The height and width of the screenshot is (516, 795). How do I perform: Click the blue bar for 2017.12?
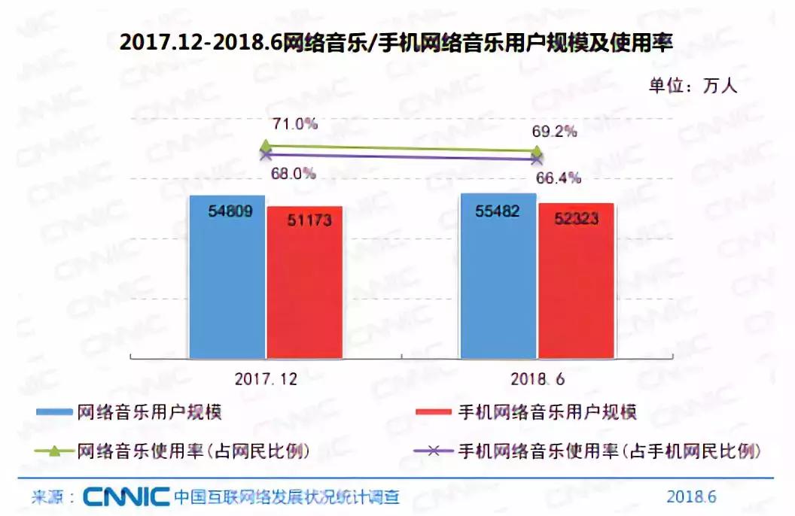click(x=227, y=278)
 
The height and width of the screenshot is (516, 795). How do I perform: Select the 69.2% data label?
click(x=554, y=132)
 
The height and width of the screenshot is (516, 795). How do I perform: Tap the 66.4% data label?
click(x=559, y=178)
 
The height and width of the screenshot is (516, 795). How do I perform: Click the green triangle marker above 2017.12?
click(x=265, y=146)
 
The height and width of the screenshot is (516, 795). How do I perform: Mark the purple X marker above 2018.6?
click(x=536, y=159)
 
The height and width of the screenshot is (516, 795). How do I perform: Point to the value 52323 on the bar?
click(x=576, y=219)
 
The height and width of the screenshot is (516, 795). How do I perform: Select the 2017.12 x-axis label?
click(x=267, y=380)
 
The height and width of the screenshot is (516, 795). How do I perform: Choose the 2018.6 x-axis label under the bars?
click(x=537, y=380)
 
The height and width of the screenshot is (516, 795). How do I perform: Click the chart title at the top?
click(x=396, y=43)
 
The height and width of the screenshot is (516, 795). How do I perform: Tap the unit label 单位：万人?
click(x=693, y=85)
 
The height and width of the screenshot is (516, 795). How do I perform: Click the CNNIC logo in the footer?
click(x=126, y=496)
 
